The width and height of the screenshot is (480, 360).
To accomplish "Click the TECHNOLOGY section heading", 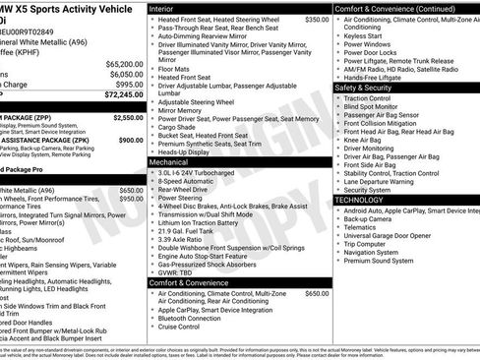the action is pos(359,199).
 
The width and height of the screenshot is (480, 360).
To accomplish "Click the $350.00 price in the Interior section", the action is pos(317,19).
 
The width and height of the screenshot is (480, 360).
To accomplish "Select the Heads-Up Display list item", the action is pos(189,151).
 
